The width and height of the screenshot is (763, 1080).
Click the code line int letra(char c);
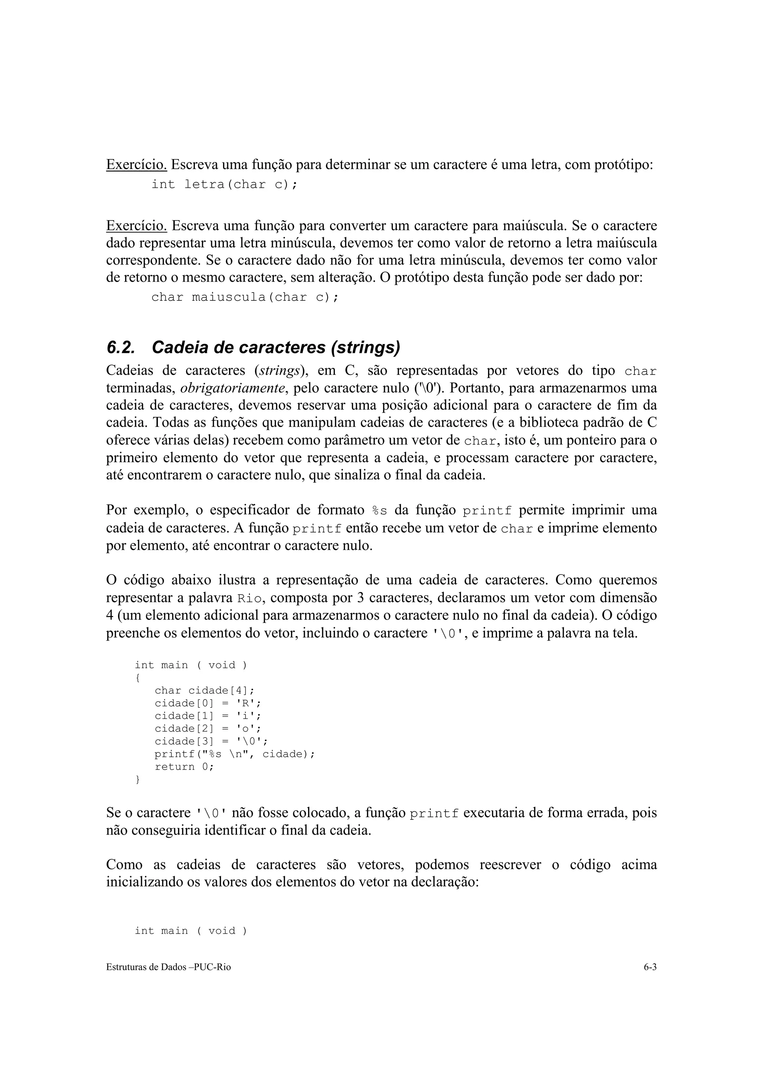pyautogui.click(x=224, y=184)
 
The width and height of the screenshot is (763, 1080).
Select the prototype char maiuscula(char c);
pyautogui.click(x=244, y=297)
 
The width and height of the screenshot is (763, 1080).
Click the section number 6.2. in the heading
pyautogui.click(x=120, y=348)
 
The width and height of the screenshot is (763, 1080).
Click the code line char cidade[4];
pyautogui.click(x=204, y=691)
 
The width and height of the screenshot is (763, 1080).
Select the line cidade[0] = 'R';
pyautogui.click(x=207, y=703)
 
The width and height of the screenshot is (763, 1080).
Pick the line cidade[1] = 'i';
pyautogui.click(x=207, y=716)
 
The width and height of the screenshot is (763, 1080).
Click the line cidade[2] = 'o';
pyautogui.click(x=207, y=729)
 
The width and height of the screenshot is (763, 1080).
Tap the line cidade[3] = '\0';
pyautogui.click(x=210, y=741)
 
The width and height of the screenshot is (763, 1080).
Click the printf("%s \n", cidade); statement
pyautogui.click(x=234, y=754)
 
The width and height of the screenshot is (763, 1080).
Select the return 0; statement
pyautogui.click(x=184, y=767)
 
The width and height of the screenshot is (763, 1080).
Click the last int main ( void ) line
pyautogui.click(x=190, y=931)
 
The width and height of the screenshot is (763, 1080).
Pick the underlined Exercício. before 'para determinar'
pyautogui.click(x=136, y=165)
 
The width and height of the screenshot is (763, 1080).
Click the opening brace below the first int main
pyautogui.click(x=137, y=678)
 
